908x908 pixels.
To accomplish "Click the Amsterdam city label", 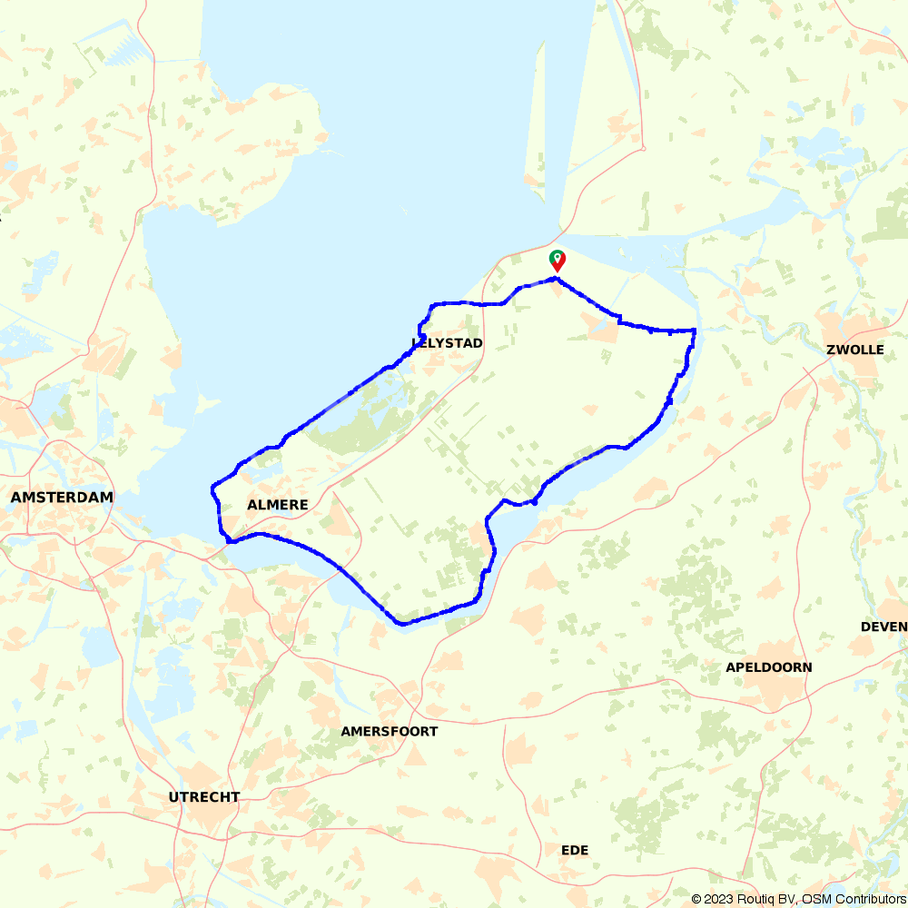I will point(62,497).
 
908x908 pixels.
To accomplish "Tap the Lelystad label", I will point(447,342).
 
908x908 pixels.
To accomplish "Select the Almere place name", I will point(277,504).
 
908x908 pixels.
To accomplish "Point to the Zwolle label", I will point(855,350).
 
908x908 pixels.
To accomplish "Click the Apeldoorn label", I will point(768,667).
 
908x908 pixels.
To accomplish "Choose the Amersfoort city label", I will point(389,731).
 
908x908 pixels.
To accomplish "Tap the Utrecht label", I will point(204,797).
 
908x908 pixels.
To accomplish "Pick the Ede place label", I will point(574,850).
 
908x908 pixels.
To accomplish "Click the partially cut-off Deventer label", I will point(884,627).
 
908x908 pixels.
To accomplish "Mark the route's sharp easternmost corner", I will point(695,331).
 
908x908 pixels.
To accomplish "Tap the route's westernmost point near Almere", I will point(212,488).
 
